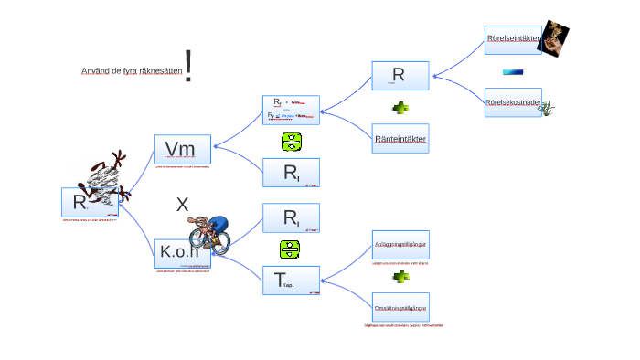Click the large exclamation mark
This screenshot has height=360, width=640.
(x=188, y=66)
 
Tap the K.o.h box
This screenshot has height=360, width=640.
(x=182, y=253)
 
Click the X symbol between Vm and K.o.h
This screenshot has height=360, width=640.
(x=182, y=205)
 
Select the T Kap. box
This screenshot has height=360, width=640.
(x=291, y=281)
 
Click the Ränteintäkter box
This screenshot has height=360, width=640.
(x=400, y=139)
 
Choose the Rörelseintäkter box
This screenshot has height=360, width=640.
(x=513, y=39)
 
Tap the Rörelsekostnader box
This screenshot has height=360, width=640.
(x=513, y=102)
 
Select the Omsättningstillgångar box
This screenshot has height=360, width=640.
(x=400, y=307)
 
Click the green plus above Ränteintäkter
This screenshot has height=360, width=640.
(x=400, y=108)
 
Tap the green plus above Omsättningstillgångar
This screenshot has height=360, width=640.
(x=400, y=276)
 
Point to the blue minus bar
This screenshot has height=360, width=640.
(x=513, y=72)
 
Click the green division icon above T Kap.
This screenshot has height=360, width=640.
(x=291, y=249)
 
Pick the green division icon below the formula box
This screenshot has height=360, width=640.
(x=291, y=142)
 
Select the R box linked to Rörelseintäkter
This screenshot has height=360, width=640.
(x=400, y=76)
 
